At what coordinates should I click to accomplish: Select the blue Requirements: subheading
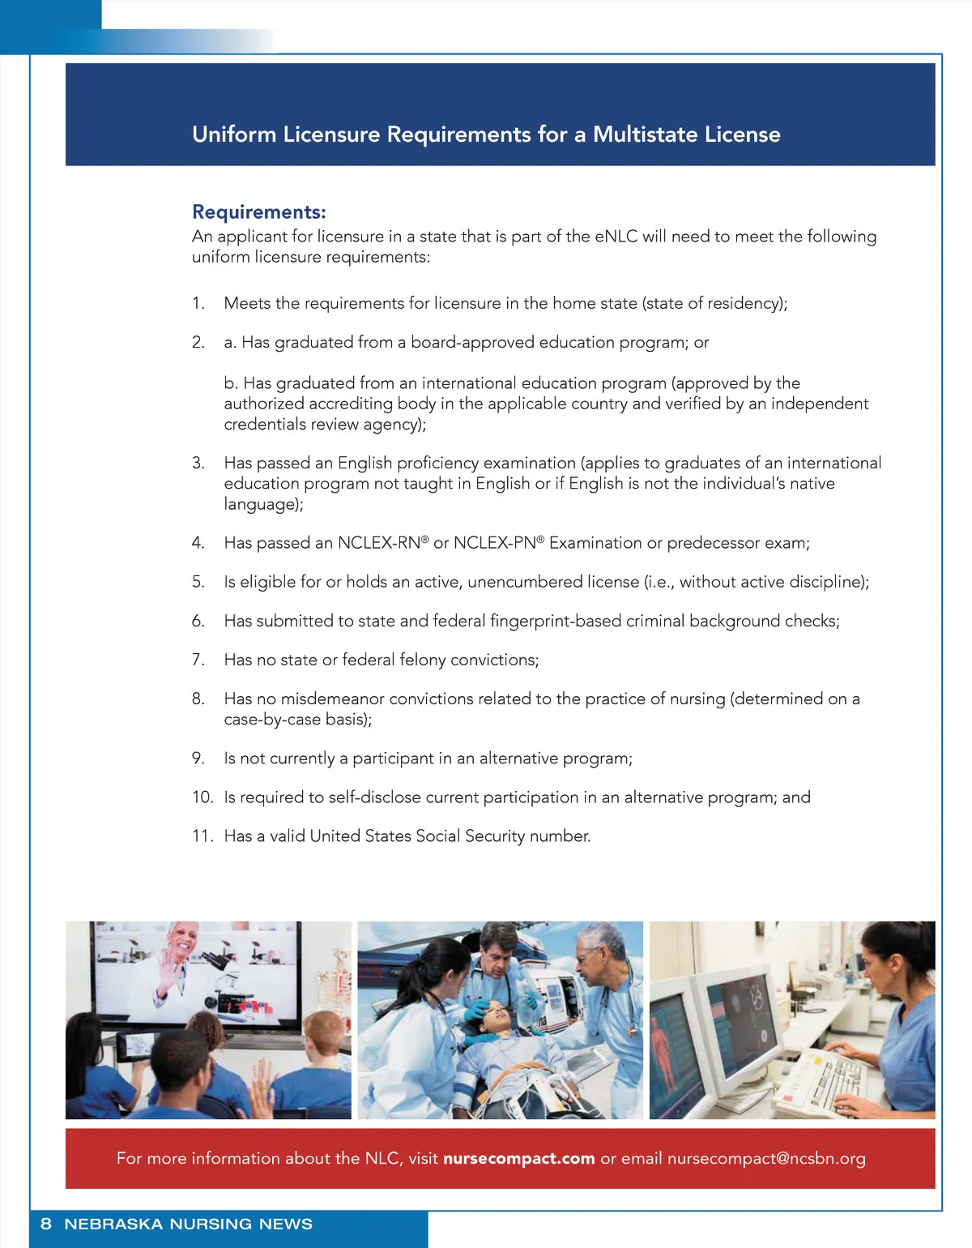(x=258, y=212)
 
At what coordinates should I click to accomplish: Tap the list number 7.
(x=198, y=660)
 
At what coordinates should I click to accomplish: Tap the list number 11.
(x=201, y=836)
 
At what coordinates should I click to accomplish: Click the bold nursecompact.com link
(x=518, y=1159)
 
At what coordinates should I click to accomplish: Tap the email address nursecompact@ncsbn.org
(x=766, y=1159)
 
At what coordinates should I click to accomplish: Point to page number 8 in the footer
(x=46, y=1224)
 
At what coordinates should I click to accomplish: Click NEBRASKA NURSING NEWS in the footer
(x=188, y=1224)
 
